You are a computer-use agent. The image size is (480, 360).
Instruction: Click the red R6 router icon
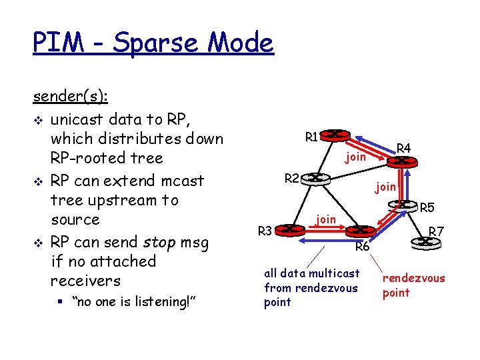coord(359,231)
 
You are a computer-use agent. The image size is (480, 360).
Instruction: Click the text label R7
coord(436,231)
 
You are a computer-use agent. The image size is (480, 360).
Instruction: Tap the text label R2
coord(292,178)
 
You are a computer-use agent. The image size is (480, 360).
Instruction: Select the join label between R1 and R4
coord(355,157)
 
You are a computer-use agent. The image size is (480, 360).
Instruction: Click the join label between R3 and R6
coord(326,218)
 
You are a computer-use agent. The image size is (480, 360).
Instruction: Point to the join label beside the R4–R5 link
coord(385,187)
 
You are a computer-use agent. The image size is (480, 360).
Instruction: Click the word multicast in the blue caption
coord(335,273)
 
